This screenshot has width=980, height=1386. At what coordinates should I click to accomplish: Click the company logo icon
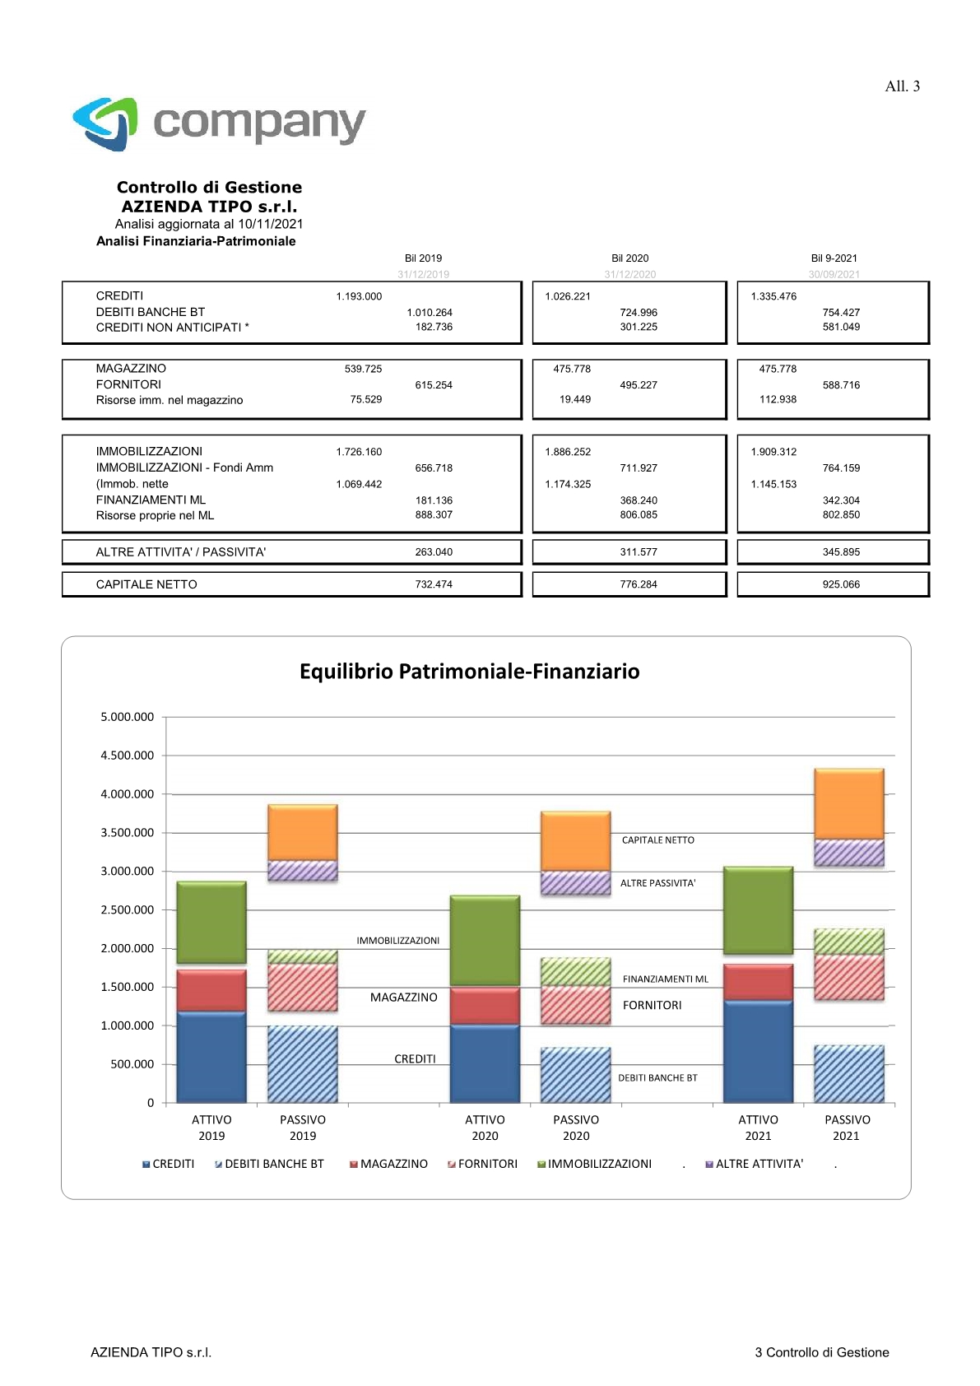pos(105,123)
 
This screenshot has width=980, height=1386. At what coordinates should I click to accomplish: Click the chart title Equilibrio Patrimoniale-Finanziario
pos(469,672)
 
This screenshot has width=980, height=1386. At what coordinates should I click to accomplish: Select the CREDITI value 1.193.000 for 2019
pos(359,296)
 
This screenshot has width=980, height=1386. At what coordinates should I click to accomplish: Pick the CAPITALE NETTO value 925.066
pos(841,584)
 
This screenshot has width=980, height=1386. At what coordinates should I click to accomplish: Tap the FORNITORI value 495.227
pos(639,385)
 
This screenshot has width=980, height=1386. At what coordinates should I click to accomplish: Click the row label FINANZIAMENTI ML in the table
pos(151,500)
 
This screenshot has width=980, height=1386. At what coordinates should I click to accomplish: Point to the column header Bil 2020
pos(629,258)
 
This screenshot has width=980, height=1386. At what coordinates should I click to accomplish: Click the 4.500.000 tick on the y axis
pos(127,756)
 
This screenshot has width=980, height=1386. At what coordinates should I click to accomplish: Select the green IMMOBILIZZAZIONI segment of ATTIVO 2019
pos(211,922)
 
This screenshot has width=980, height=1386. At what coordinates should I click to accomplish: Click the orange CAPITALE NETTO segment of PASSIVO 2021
pos(849,804)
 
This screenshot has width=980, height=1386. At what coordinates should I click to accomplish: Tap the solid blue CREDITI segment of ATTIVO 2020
pos(485,1063)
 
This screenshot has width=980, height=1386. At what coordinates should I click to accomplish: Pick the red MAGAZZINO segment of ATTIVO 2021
pos(758,983)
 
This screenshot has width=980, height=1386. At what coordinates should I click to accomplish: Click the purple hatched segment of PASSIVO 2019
pos(303,871)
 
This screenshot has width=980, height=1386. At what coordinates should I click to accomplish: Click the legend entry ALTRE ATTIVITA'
pos(755,1164)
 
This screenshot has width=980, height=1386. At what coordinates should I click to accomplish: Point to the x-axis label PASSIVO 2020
pos(576,1128)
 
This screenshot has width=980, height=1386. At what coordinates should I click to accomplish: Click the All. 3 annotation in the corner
pos(902,86)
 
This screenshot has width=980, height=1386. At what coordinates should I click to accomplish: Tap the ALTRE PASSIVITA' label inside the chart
pos(657,883)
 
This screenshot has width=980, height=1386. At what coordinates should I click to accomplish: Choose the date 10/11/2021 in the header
pos(271,224)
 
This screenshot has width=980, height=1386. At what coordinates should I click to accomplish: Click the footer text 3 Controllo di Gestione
pos(822,1352)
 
